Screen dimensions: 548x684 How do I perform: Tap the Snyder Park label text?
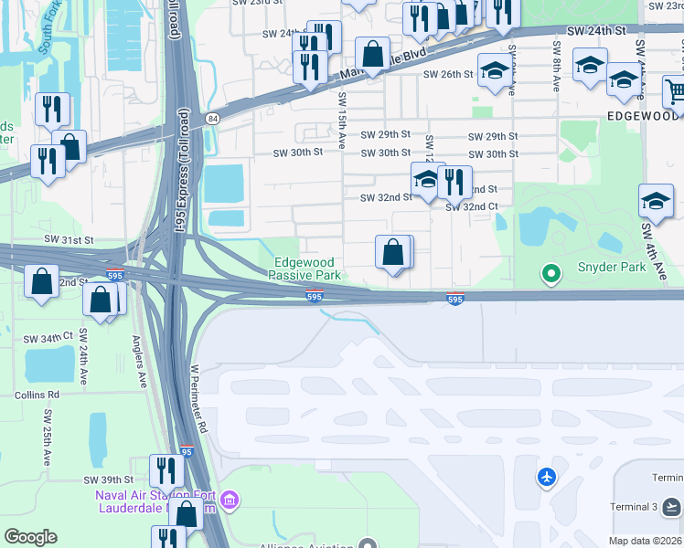coord(611,268)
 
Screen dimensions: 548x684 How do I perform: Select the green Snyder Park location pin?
coord(550,272)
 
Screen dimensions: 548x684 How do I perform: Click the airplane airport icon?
coord(547,476)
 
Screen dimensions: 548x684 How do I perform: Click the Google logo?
coord(30,537)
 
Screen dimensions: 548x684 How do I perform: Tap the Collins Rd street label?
coord(37,395)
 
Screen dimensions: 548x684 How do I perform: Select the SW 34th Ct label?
coord(48,338)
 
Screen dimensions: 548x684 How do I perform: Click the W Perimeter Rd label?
coord(198,399)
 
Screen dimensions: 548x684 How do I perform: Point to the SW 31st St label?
coord(69,239)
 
